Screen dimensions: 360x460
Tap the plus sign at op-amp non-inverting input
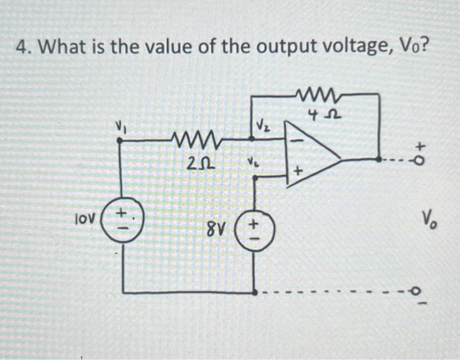point(296,172)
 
